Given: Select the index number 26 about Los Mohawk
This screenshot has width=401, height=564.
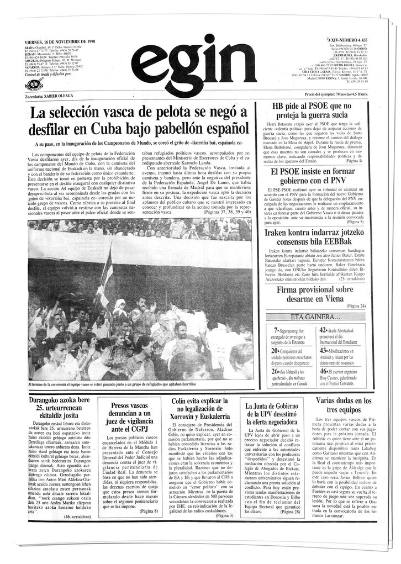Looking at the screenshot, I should [276, 372].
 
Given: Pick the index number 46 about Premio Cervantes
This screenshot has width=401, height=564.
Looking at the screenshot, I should [324, 372].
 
